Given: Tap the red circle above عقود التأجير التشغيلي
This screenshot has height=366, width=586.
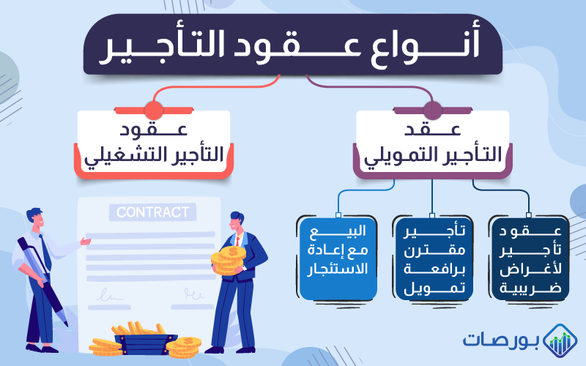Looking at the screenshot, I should [x=153, y=111].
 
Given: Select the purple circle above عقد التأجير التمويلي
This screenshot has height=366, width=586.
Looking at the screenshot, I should [x=432, y=111].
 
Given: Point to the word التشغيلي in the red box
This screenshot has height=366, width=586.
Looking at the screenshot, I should [x=117, y=156].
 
